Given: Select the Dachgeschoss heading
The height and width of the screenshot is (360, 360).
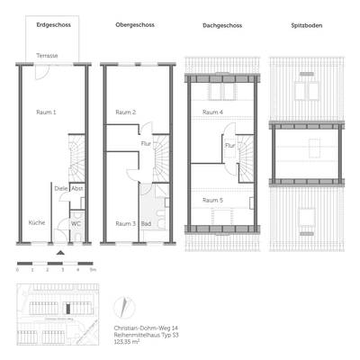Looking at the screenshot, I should coord(220,25).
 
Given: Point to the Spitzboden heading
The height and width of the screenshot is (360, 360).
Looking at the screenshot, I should coord(307,25).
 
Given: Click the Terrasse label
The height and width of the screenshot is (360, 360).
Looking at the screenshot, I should coord(48,56).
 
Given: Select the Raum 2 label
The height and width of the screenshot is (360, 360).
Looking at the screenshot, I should coord(126,112).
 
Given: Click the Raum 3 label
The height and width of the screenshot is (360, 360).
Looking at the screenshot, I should coord(125,222).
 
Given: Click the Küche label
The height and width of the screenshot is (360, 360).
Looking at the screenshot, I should coord(36,222).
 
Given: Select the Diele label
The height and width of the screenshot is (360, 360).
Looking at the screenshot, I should coord(59,188).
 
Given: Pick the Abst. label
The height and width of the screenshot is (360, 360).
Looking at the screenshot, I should coord(77,188).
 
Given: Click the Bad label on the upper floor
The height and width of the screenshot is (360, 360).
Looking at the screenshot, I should coord(146,222).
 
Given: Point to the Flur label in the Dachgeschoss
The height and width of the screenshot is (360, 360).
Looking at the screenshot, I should coord(229,144).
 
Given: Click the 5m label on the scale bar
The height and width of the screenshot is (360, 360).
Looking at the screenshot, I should coord(93,270).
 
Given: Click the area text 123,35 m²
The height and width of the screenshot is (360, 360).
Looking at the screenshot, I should coord(129,343).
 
